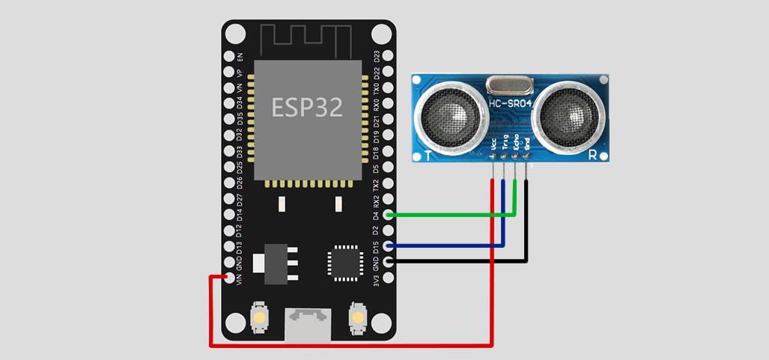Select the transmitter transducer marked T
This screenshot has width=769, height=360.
pos(449,115)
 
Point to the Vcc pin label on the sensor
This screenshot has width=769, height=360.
pos(493,144)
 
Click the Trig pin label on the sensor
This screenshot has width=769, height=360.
pos(505,144)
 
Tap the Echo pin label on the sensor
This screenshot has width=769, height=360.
pos(516,144)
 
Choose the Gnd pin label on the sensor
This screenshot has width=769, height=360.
pos(527,144)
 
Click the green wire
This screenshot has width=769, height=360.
pos(449,215)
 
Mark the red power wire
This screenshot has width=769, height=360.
pos(352,345)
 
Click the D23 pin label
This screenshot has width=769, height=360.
pos(377,56)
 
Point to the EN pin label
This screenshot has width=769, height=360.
pos(240,57)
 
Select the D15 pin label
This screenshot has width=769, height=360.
pos(377,246)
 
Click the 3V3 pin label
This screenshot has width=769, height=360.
pos(377,281)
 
